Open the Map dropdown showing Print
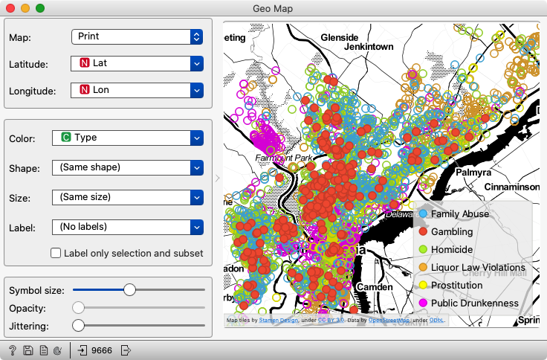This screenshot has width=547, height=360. (x=137, y=36)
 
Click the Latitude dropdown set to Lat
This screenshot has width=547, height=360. (x=137, y=63)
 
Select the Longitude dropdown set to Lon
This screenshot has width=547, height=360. (x=137, y=90)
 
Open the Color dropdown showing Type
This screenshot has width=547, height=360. (x=127, y=138)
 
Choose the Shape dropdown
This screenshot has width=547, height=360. (x=127, y=167)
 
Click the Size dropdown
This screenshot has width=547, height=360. (x=127, y=197)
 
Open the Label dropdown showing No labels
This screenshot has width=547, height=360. (x=127, y=226)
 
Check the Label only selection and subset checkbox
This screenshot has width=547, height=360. (x=56, y=253)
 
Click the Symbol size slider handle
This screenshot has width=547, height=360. (x=129, y=289)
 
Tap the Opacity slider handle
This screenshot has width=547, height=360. (x=78, y=307)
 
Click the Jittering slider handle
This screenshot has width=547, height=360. (x=78, y=325)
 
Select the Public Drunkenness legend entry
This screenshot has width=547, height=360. (x=474, y=303)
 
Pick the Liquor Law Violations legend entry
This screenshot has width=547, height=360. (x=477, y=268)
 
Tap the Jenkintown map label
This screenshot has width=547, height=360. (x=369, y=46)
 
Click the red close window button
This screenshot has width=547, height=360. (x=10, y=8)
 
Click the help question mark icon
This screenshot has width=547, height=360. (x=13, y=350)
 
